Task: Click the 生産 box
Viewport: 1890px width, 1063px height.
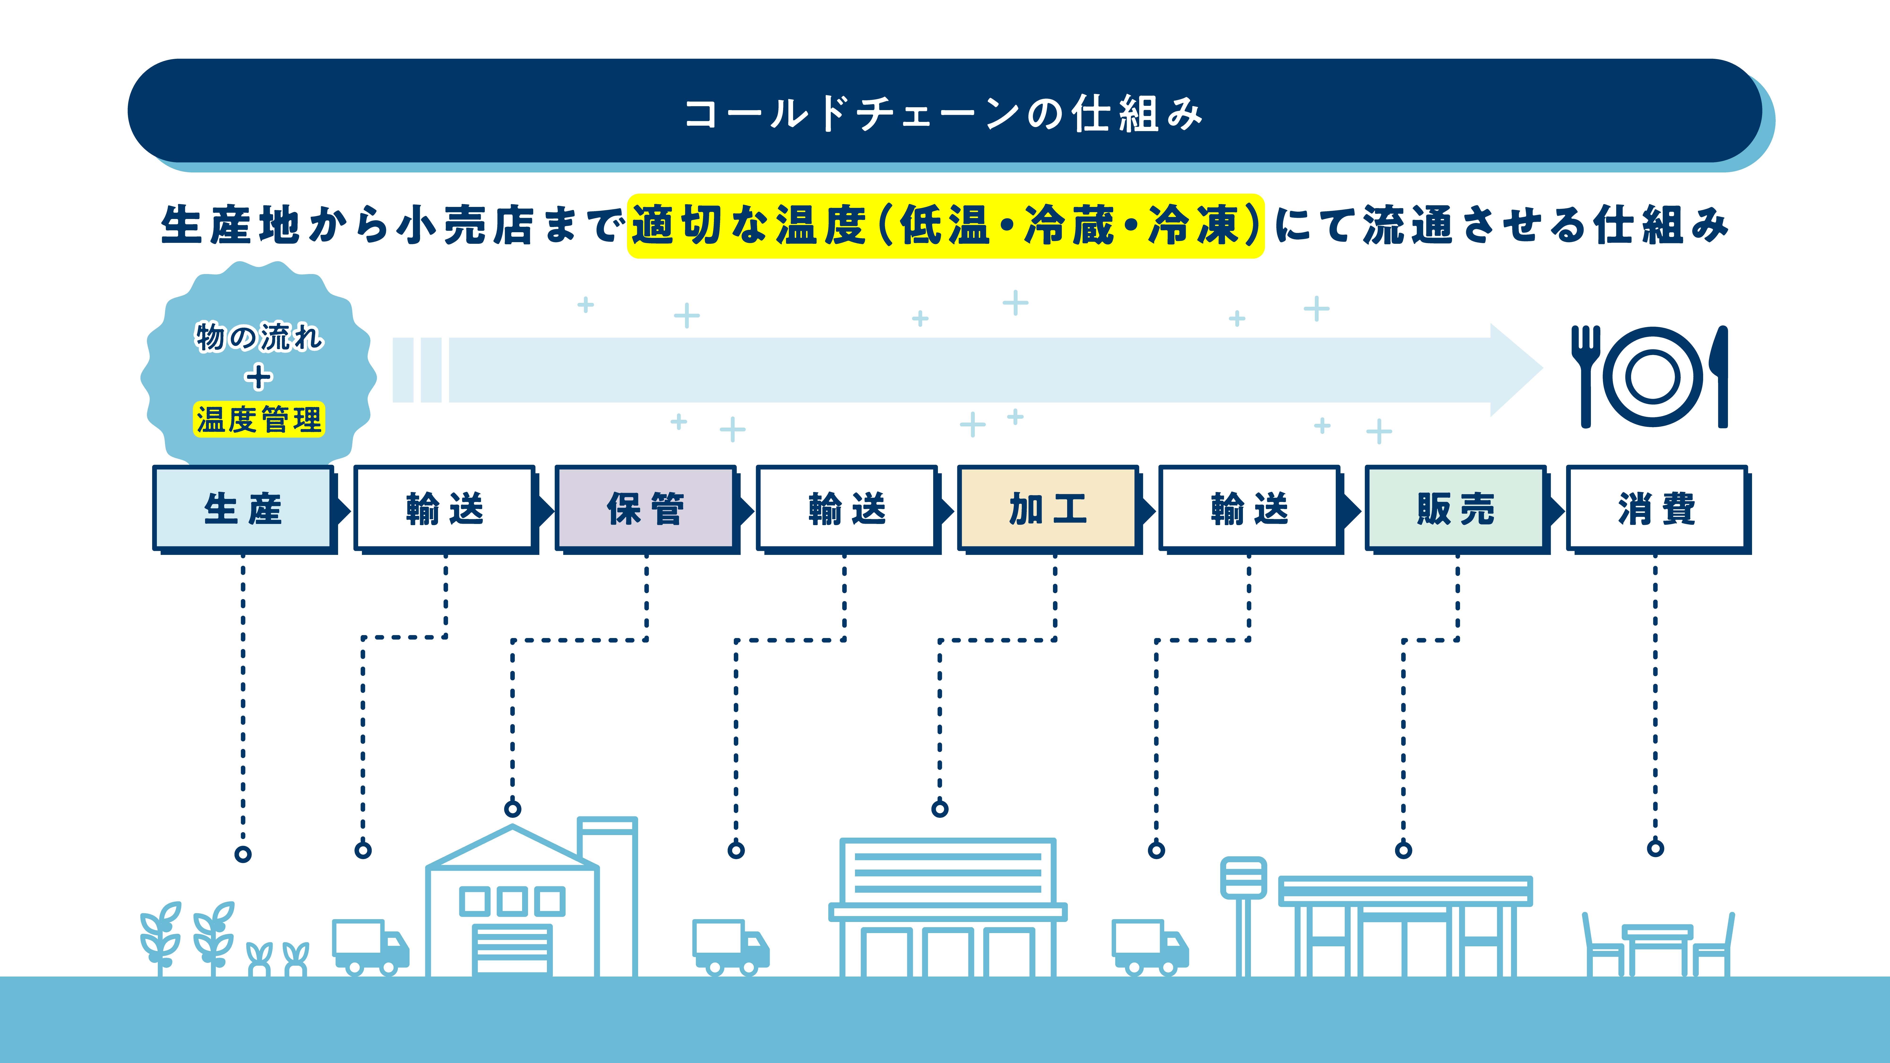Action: [243, 508]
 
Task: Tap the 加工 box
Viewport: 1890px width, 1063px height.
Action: [1048, 508]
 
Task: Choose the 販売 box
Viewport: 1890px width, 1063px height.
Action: [1456, 508]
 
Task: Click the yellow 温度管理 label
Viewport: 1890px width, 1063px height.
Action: [258, 420]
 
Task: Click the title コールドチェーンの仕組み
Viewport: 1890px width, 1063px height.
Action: [944, 114]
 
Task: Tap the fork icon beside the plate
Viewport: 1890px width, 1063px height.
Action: [1585, 374]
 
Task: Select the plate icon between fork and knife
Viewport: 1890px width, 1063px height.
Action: [1653, 376]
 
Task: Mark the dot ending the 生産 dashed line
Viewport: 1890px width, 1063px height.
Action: [243, 854]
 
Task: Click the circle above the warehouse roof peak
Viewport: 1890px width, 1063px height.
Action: [512, 808]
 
